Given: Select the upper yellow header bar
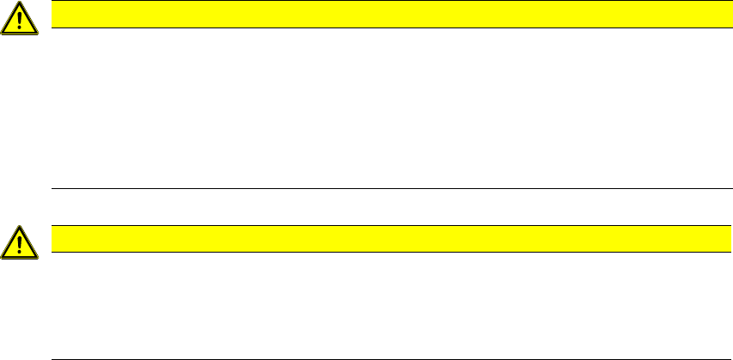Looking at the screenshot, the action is click(x=387, y=14).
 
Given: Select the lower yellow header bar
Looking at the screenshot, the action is click(x=387, y=239).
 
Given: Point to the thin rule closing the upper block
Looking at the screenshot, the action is click(x=387, y=188).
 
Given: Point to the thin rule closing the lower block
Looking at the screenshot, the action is click(x=387, y=358).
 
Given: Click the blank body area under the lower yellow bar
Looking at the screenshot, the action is click(x=387, y=305).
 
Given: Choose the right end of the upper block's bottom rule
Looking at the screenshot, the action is click(x=718, y=188).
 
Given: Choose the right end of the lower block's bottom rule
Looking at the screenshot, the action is click(x=718, y=358).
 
